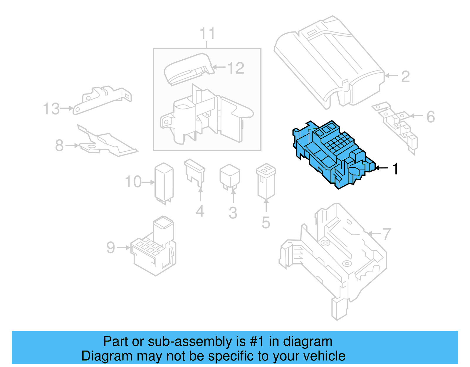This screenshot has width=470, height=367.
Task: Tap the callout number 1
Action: [395, 169]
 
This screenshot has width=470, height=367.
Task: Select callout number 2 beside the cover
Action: [405, 76]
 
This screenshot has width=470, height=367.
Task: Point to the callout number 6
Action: [430, 117]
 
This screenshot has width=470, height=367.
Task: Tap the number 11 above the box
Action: [207, 33]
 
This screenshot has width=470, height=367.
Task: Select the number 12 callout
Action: [236, 68]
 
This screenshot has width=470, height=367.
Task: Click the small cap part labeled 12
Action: [188, 69]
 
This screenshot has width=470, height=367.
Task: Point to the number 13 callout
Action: [51, 109]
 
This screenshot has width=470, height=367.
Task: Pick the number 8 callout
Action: [59, 145]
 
